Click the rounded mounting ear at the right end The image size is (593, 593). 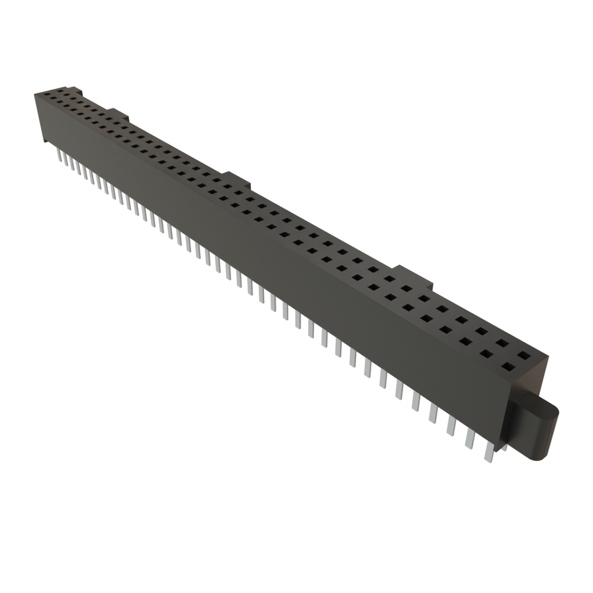pos(541,431)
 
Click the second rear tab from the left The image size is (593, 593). pos(116,112)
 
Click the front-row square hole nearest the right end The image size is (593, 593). pos(508,366)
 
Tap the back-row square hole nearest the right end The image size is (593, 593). pos(524,354)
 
